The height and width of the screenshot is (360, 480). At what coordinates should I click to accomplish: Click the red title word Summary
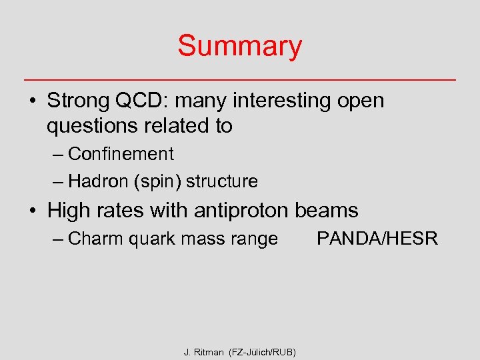click(x=239, y=47)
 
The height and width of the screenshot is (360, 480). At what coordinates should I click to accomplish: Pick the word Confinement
click(x=121, y=154)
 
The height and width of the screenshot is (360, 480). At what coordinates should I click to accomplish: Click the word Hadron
click(x=99, y=181)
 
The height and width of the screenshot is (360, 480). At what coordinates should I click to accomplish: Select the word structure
click(x=222, y=181)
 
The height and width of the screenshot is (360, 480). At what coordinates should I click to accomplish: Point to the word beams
click(x=327, y=211)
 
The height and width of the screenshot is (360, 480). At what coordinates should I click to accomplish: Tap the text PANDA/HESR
click(x=377, y=239)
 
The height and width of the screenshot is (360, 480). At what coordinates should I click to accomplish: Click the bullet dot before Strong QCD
click(x=32, y=101)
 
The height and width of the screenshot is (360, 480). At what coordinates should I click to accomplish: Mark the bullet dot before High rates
click(x=32, y=211)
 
